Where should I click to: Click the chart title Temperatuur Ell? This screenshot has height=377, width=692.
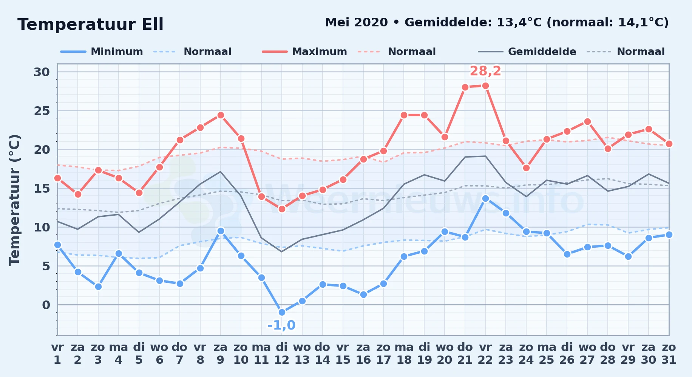tap(90, 25)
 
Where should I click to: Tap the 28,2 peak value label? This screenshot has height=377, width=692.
tap(485, 71)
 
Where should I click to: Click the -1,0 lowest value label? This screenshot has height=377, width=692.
tap(281, 325)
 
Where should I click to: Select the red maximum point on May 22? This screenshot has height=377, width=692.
tap(485, 86)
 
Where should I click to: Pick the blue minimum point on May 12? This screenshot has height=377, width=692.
tap(282, 313)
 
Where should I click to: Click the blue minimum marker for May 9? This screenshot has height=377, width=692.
tap(221, 231)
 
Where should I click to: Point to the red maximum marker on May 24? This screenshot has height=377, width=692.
tap(526, 168)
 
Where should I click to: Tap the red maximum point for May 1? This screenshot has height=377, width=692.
tap(57, 178)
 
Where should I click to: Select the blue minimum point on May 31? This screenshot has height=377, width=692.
tap(669, 234)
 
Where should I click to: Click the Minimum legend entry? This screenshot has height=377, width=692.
tap(102, 52)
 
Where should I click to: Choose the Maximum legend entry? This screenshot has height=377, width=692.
tap(304, 52)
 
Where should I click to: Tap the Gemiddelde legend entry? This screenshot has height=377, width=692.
tap(527, 52)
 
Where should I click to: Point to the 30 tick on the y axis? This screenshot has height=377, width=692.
tap(42, 72)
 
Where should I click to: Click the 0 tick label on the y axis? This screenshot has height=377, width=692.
tap(46, 305)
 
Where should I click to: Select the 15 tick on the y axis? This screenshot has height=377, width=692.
tap(42, 188)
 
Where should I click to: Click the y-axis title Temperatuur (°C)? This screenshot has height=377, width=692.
tap(15, 200)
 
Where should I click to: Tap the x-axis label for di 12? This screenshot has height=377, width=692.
tap(282, 354)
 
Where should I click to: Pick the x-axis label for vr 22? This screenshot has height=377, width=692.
tap(485, 354)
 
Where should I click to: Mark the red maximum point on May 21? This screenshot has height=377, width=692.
tap(465, 87)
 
